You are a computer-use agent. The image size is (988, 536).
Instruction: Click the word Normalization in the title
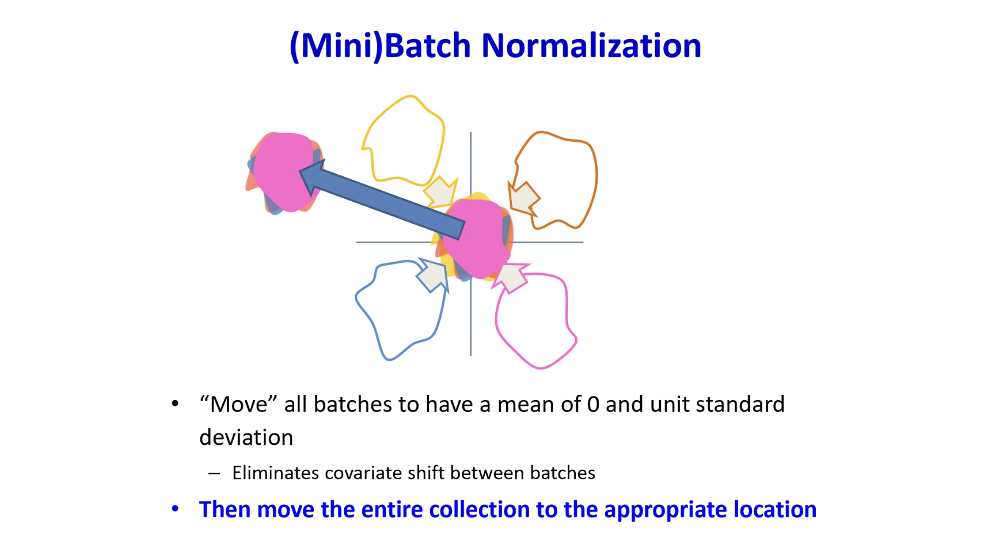click(x=591, y=46)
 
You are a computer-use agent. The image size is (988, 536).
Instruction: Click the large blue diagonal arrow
click(x=382, y=198)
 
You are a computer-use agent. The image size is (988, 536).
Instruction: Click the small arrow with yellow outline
click(x=441, y=192)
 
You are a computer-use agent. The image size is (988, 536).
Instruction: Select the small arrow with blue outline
click(x=432, y=275)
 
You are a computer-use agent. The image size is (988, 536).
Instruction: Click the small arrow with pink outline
click(x=511, y=277)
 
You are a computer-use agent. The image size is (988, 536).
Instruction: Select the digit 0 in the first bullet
click(x=593, y=405)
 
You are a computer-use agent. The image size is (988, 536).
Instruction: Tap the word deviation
click(x=246, y=437)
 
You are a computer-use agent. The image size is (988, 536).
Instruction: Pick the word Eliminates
click(x=275, y=473)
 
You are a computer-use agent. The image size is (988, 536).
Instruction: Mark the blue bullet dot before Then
click(x=175, y=509)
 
